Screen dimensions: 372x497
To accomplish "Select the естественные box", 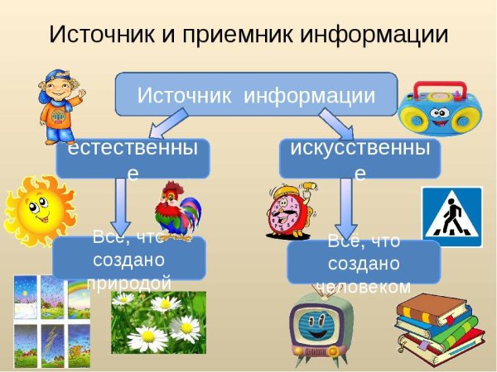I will pos(132,158).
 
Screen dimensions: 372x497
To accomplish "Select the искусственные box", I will pos(359,158).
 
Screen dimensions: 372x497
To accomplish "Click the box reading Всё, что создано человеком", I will pos(364,263).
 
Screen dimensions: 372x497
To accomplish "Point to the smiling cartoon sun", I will pos(37,209).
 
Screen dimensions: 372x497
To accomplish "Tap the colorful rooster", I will pos(177,210).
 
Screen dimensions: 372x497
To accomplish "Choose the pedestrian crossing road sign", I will pos(451,217).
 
